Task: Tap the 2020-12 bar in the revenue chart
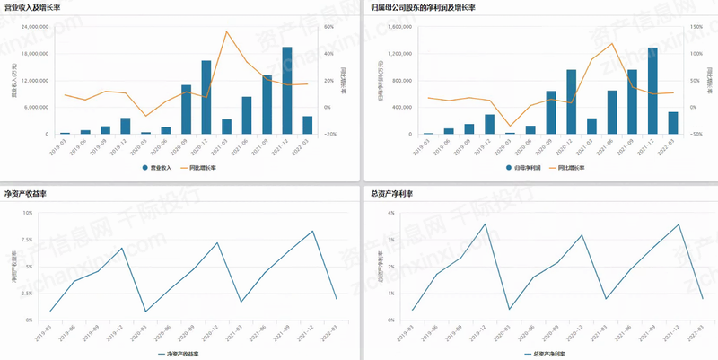pyautogui.click(x=206, y=97)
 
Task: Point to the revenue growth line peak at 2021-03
pyautogui.click(x=226, y=32)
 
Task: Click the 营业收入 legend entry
pyautogui.click(x=160, y=167)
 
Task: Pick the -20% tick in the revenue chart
pyautogui.click(x=330, y=135)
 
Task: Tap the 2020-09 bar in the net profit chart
pyautogui.click(x=550, y=112)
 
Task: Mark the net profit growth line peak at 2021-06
pyautogui.click(x=612, y=43)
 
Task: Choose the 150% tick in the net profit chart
pyautogui.click(x=696, y=27)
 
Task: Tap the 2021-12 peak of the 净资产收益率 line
pyautogui.click(x=312, y=231)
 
